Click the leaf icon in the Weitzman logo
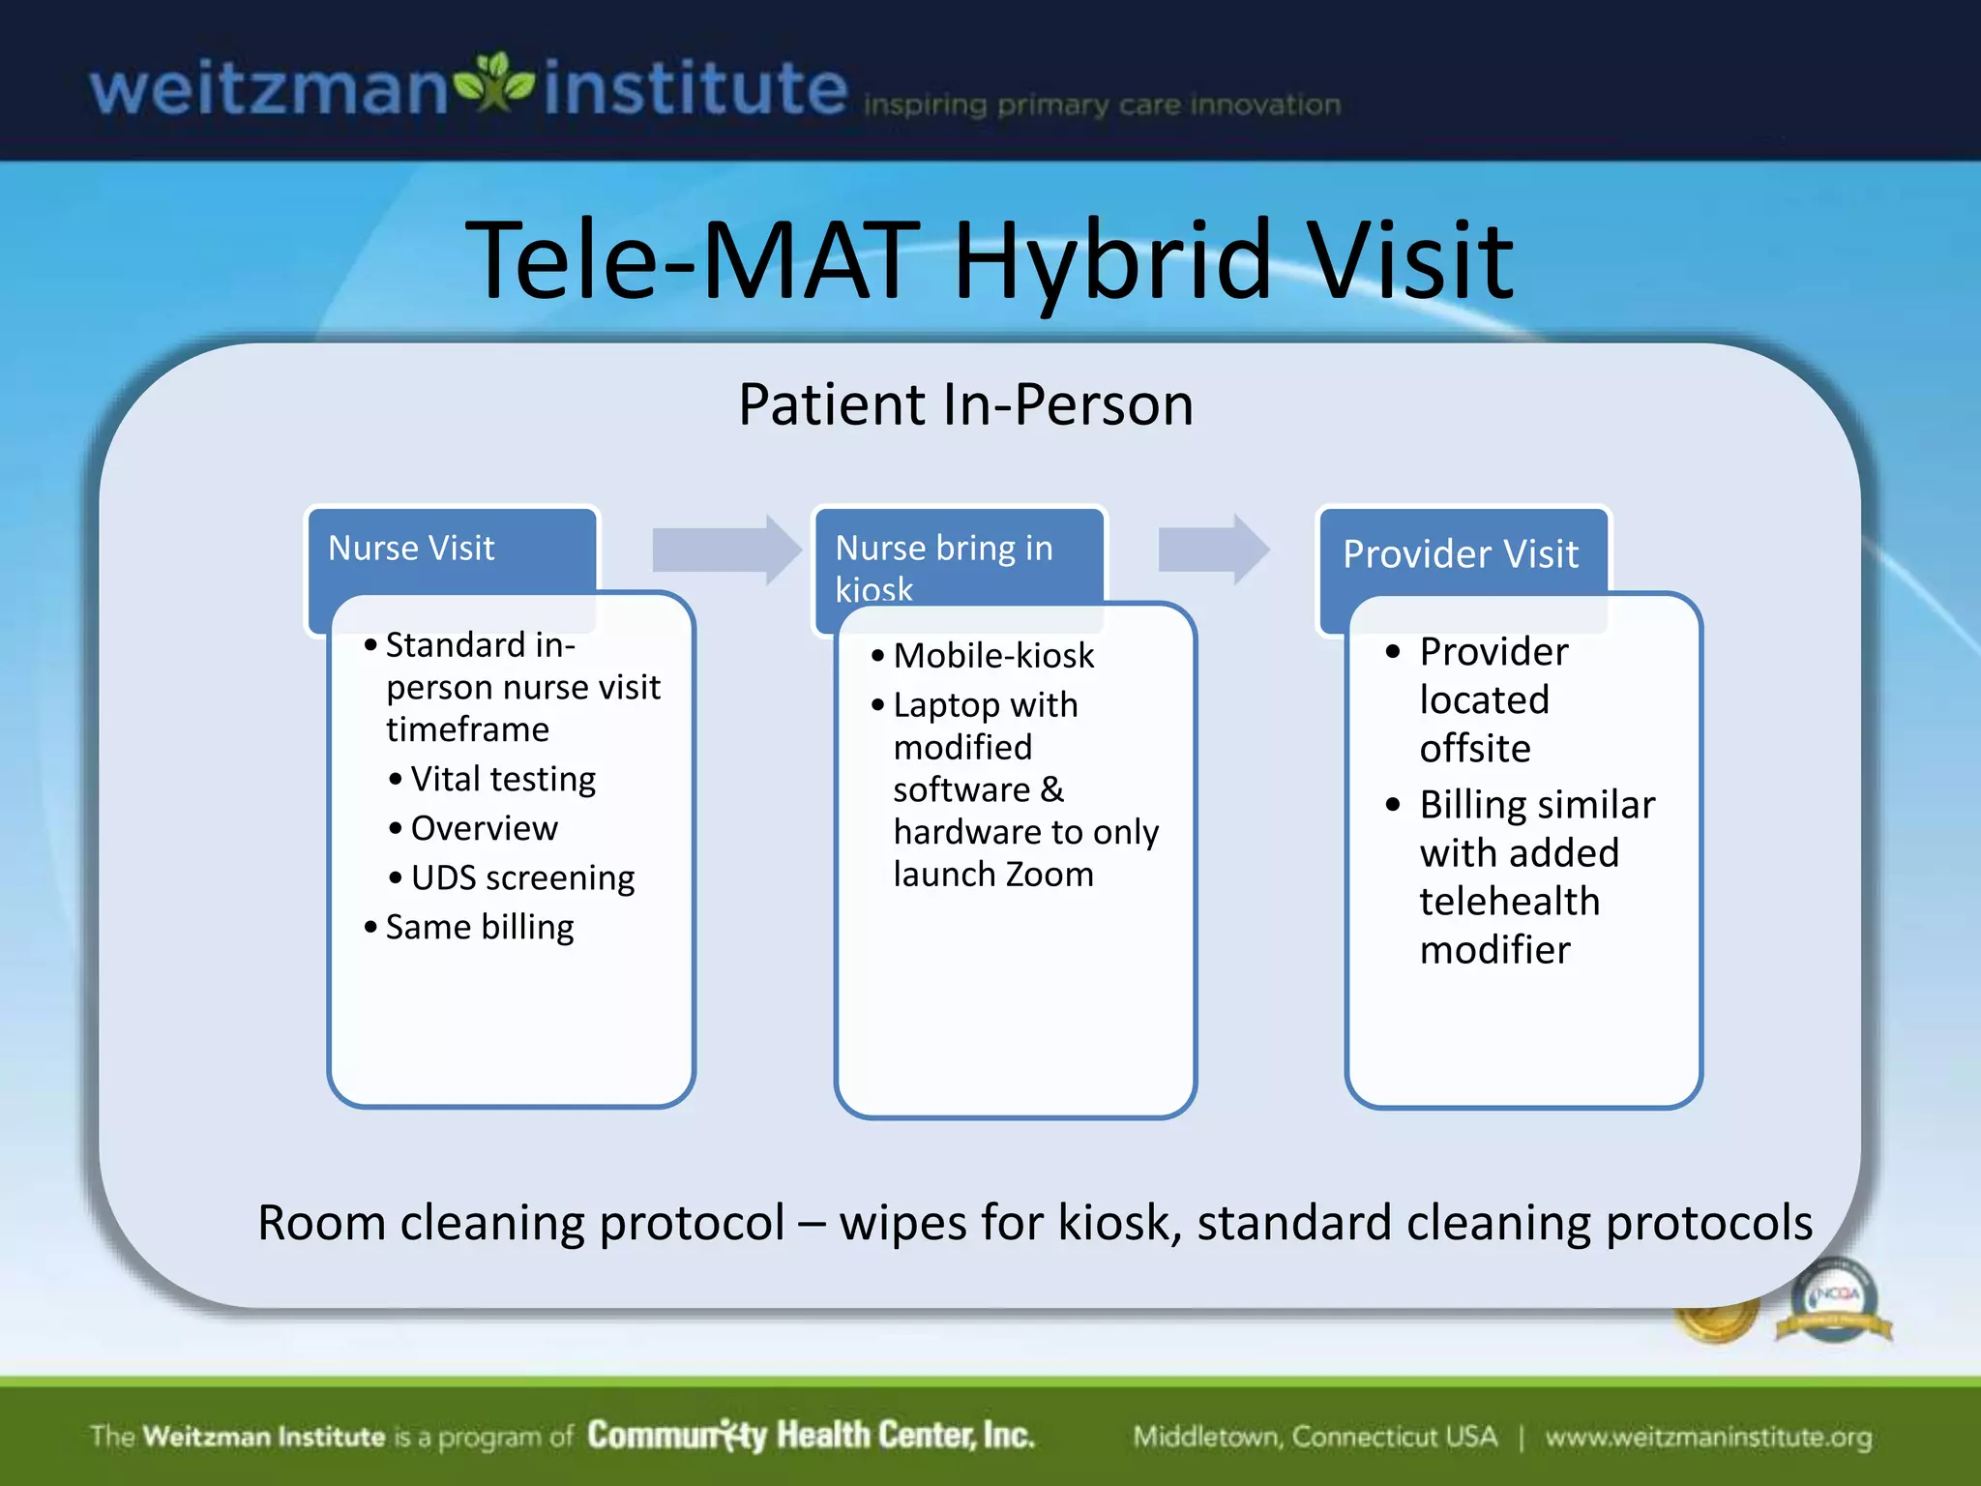point(494,85)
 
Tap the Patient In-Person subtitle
point(965,404)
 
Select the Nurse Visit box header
point(412,549)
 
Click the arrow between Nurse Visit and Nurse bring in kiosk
point(725,550)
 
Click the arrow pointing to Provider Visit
point(1213,550)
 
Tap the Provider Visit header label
point(1461,554)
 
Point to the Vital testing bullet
point(502,779)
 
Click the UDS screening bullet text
point(522,877)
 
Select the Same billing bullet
point(480,927)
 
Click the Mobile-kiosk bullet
point(993,656)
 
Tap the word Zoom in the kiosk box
point(1050,875)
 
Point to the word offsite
point(1475,749)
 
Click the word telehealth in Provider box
point(1509,902)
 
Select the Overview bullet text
point(484,828)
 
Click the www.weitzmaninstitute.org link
point(1708,1437)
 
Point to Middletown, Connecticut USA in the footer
point(1315,1437)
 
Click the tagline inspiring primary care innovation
point(1102,104)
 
